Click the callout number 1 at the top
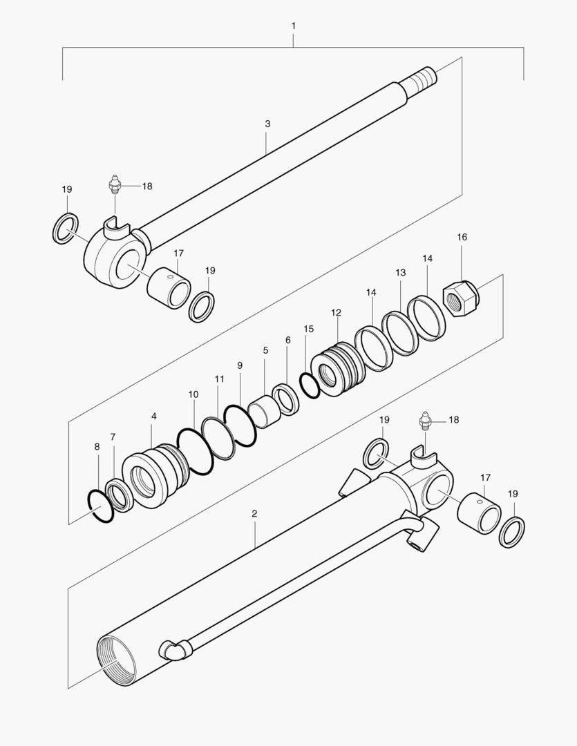click(294, 26)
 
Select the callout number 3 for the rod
click(267, 124)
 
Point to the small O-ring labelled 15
click(310, 385)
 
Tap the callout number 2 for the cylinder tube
click(254, 514)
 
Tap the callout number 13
click(401, 273)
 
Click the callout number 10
click(193, 394)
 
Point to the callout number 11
click(219, 379)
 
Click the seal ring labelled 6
click(285, 399)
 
